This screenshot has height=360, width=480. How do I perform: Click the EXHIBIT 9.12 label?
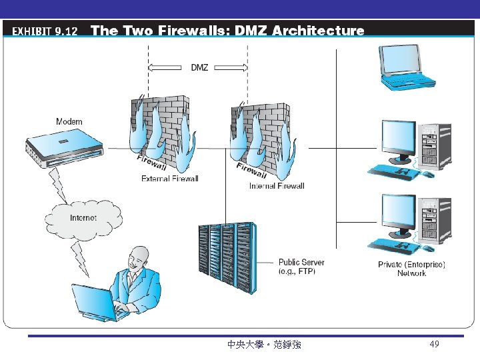pos(45,31)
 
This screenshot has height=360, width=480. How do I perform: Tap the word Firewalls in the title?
pos(194,31)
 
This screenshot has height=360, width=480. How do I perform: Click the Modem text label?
pos(69,121)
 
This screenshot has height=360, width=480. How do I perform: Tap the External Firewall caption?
pos(169,178)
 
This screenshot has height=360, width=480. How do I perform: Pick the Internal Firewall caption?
pos(277,186)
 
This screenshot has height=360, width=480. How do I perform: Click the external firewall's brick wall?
pos(160,127)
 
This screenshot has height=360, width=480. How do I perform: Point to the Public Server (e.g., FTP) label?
pos(301,267)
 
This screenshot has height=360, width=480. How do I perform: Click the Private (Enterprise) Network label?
pos(411,269)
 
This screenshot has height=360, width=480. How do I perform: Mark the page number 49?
pos(434,344)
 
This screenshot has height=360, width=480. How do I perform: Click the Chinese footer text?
pos(264,345)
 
